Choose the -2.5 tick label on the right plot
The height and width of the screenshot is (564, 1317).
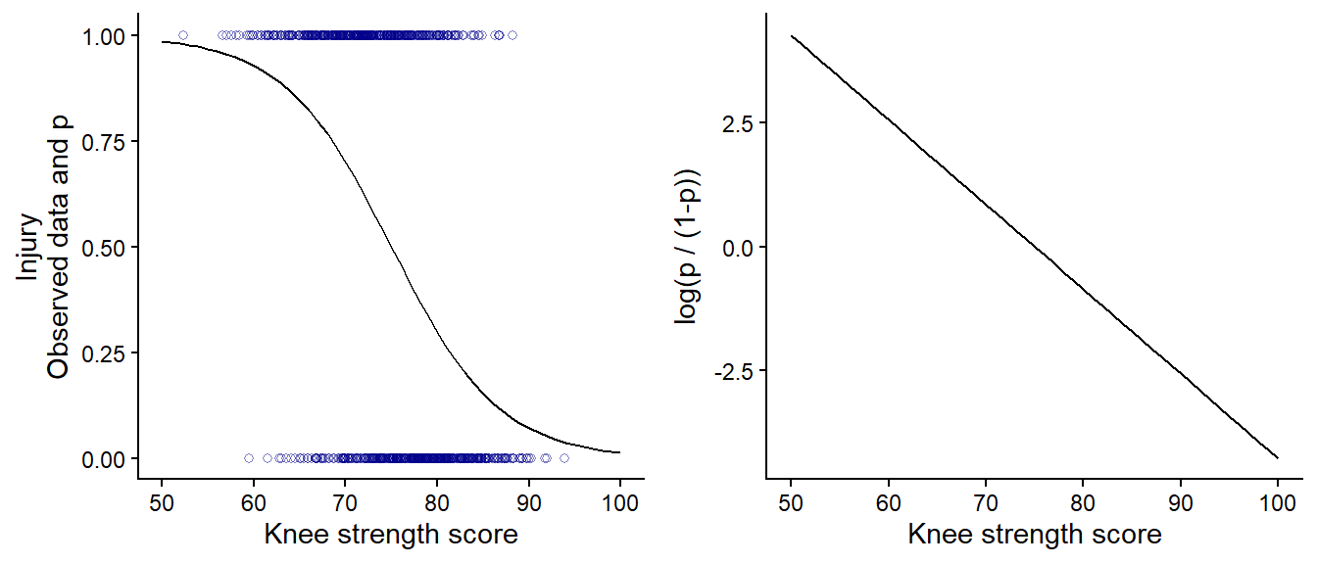click(737, 372)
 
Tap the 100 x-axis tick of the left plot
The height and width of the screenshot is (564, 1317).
click(619, 504)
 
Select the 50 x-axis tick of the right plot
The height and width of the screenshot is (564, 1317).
click(792, 504)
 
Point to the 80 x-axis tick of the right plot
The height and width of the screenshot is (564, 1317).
click(1083, 504)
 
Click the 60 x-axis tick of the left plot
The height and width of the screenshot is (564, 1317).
click(254, 504)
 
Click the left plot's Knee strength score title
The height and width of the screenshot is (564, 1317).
click(391, 536)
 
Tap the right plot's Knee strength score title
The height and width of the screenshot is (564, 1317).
click(1035, 536)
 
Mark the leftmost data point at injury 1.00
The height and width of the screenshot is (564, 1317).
click(183, 36)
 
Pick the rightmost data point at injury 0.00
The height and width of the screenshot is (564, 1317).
click(564, 458)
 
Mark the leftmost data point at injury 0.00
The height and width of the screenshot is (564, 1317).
click(249, 458)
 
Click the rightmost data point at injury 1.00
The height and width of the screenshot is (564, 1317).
click(512, 36)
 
